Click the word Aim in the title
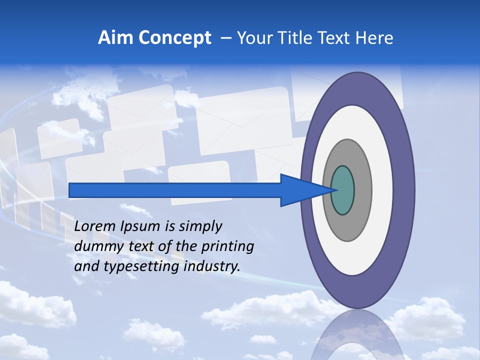tap(114, 38)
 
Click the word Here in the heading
tap(374, 38)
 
